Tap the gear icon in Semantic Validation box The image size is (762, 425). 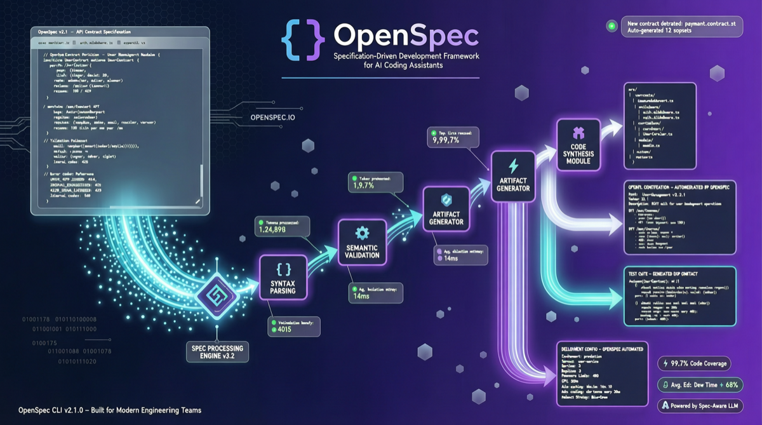[362, 232]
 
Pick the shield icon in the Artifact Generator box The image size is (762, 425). [446, 199]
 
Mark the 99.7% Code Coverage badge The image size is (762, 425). [694, 364]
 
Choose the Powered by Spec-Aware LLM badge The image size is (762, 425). [700, 405]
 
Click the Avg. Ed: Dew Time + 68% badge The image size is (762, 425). [700, 385]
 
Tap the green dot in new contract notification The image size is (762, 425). [611, 27]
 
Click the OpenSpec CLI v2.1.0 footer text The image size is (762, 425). [110, 410]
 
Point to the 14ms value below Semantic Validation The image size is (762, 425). [361, 296]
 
